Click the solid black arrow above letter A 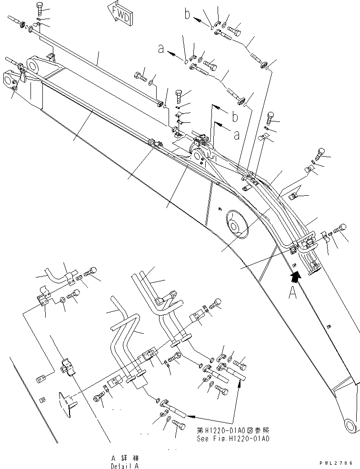click(x=296, y=275)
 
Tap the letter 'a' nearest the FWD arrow click(x=161, y=48)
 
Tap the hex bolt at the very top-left click(x=40, y=9)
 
